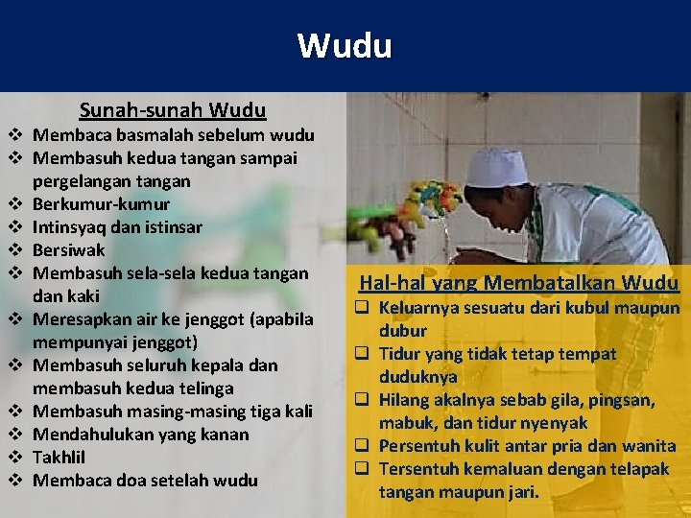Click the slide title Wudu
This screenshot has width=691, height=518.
click(x=345, y=45)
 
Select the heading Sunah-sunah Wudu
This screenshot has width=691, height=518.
click(x=173, y=110)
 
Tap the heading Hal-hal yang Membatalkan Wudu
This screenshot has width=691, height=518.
click(x=518, y=283)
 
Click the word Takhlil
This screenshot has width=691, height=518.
click(x=60, y=458)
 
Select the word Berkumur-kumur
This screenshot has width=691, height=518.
click(x=102, y=204)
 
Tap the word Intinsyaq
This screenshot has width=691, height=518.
click(x=70, y=227)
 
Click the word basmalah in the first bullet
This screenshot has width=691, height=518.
click(x=144, y=134)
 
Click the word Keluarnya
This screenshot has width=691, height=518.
click(x=418, y=309)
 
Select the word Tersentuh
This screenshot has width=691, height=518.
click(x=418, y=469)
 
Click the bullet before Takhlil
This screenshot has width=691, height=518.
click(x=16, y=458)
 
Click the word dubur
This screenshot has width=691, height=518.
click(x=403, y=331)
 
